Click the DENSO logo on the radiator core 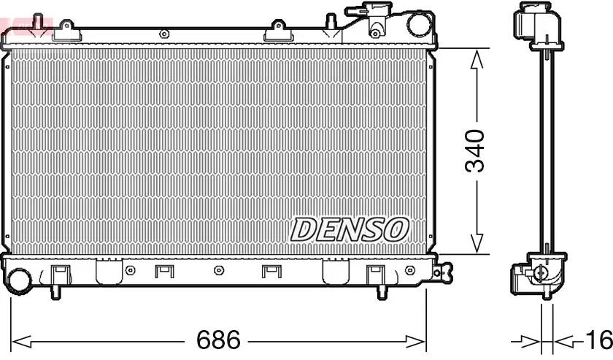point(348,229)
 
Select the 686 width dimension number point(219,340)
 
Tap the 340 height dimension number point(475,151)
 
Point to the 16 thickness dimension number point(598,340)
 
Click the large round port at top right point(420,23)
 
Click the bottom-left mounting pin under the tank point(55,291)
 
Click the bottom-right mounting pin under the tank point(382,291)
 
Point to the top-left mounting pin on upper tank point(65,28)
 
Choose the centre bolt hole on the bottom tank point(218,271)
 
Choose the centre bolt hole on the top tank point(164,34)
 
